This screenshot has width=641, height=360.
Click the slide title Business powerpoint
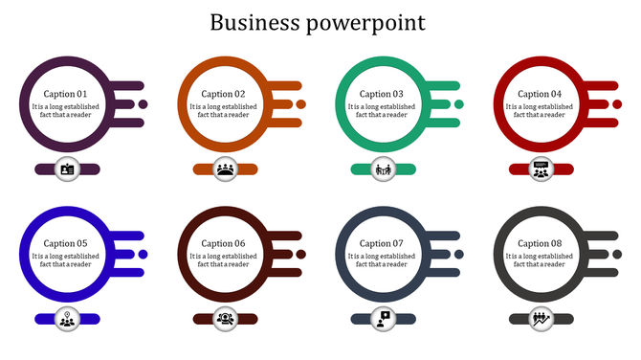click(x=320, y=22)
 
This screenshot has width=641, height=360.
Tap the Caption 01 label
click(x=66, y=94)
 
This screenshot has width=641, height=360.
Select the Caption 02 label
click(x=224, y=94)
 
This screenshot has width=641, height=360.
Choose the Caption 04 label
click(x=541, y=94)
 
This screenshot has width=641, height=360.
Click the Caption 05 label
click(x=66, y=243)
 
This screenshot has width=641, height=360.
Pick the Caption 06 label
click(x=224, y=243)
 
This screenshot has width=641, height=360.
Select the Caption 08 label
click(x=541, y=243)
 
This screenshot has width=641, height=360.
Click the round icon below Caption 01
click(x=67, y=169)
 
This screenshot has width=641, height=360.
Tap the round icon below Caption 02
click(x=225, y=169)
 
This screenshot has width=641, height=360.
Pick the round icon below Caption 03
click(x=383, y=169)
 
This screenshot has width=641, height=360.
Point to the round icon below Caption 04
click(x=541, y=169)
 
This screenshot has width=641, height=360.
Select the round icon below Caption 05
click(x=67, y=319)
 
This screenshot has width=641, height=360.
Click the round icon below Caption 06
click(x=225, y=319)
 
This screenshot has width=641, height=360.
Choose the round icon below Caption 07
click(x=383, y=319)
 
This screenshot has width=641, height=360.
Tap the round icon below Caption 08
click(x=541, y=319)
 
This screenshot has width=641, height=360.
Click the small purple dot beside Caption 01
click(x=143, y=104)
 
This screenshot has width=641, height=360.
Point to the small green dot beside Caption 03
click(x=458, y=104)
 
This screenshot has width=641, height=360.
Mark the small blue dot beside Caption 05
click(x=143, y=254)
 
